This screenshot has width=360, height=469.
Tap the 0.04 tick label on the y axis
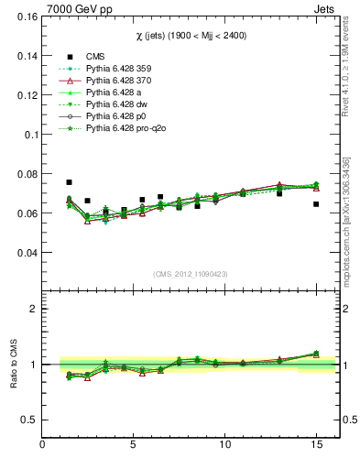coord(27,253)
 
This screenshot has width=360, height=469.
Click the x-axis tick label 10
coord(225,445)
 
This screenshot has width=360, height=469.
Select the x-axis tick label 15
coord(316,445)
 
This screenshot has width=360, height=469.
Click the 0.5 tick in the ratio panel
coord(29,420)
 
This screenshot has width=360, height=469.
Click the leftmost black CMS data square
coord(70,182)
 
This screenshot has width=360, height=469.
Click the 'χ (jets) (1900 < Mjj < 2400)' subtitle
coord(191,35)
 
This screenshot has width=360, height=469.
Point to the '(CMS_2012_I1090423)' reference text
coord(191,274)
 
